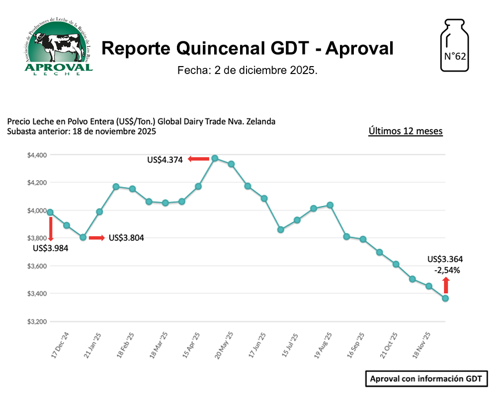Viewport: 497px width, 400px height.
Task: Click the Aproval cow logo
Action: tap(58, 48)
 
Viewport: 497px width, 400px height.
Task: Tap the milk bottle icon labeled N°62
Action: tap(455, 46)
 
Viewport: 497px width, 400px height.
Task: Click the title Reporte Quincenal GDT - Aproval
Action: tap(248, 48)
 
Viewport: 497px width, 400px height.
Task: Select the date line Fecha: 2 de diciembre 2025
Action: tap(247, 71)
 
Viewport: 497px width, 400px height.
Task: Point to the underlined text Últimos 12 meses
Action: tap(405, 131)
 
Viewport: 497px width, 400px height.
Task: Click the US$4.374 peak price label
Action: tap(165, 160)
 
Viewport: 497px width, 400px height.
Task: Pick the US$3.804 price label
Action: tap(126, 238)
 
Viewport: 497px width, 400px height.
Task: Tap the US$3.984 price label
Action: tap(51, 248)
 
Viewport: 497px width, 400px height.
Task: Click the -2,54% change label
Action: tap(447, 271)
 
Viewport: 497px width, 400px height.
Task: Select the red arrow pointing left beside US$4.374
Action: tap(198, 159)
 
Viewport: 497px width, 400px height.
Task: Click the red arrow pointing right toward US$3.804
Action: tap(96, 238)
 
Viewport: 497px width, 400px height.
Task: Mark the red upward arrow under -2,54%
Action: tap(446, 285)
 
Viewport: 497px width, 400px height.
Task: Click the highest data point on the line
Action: tap(215, 158)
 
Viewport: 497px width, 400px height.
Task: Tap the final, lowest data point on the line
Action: tap(445, 298)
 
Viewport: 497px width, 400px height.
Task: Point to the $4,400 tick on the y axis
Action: tap(37, 155)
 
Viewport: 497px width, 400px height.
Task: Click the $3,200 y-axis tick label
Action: tap(37, 321)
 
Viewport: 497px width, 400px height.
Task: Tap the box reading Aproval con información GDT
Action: tap(426, 379)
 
